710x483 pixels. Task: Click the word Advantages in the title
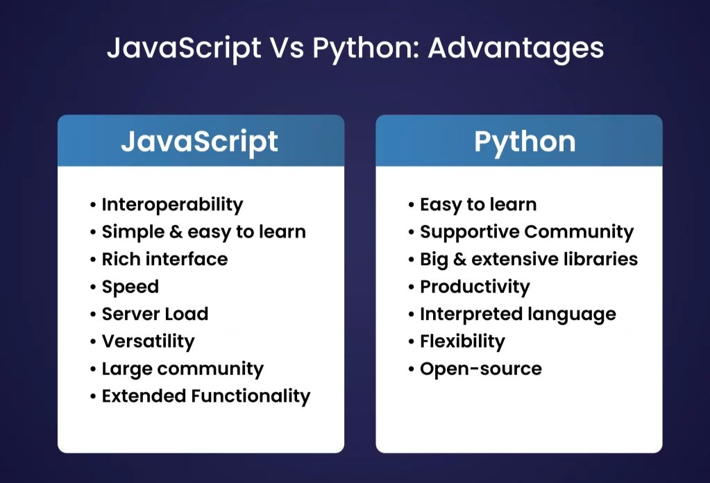coord(516,49)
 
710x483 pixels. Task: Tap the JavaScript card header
coord(200,141)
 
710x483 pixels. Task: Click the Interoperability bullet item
coord(172,205)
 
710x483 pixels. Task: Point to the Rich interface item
coord(164,260)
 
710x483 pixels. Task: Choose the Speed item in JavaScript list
coord(130,287)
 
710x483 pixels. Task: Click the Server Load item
coord(155,314)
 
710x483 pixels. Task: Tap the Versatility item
coord(148,341)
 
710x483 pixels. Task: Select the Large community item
coord(183,368)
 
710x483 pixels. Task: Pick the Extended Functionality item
coord(205,396)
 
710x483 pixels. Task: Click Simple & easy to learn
coord(203,232)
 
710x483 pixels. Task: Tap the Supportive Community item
coord(526,232)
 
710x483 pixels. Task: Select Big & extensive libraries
coord(528,260)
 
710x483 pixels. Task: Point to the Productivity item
coord(475,287)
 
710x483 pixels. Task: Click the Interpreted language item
coord(518,314)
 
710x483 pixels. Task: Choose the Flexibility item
coord(462,341)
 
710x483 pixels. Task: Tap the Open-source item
coord(480,368)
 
